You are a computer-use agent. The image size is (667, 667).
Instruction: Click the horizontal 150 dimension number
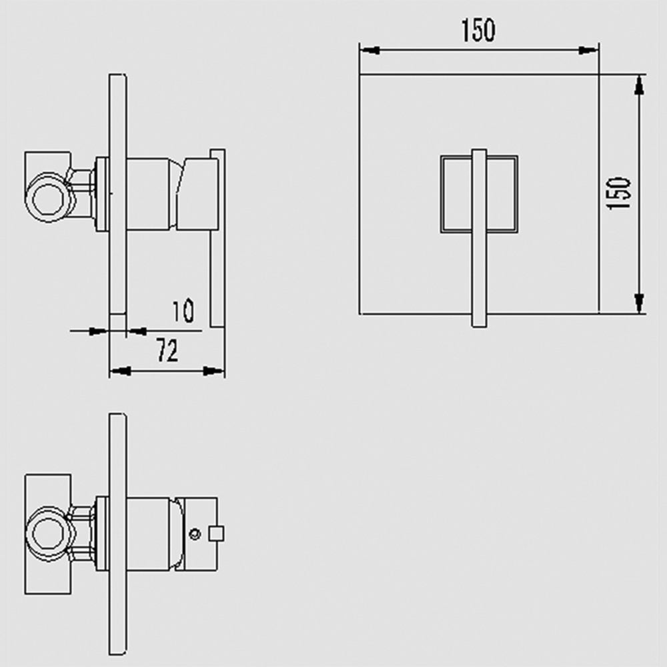click(478, 30)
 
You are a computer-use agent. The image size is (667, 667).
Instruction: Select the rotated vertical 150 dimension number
click(619, 193)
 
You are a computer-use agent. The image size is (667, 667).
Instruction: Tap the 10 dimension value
click(183, 311)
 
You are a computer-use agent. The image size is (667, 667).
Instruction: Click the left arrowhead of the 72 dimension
click(119, 371)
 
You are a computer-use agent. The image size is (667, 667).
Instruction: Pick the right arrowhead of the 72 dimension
click(215, 371)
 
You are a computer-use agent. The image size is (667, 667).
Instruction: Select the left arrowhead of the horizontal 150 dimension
click(370, 50)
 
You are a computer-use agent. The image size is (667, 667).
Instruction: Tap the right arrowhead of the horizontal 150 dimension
click(588, 50)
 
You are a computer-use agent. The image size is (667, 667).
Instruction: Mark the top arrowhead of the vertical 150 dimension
click(639, 84)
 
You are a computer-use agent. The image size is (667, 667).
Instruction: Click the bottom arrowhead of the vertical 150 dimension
click(639, 303)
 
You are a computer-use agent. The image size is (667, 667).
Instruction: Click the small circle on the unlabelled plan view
click(195, 534)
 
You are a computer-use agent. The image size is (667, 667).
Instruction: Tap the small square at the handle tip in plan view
click(216, 533)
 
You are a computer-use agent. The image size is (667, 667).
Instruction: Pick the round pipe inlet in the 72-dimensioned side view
click(46, 194)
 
